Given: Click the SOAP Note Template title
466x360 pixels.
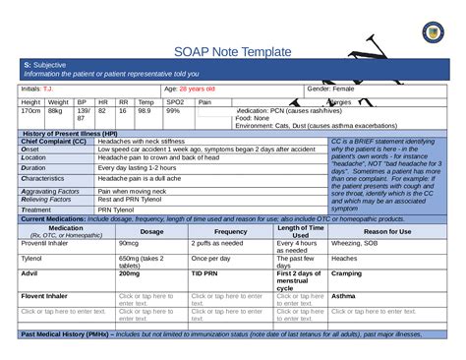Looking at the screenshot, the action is pyautogui.click(x=232, y=51).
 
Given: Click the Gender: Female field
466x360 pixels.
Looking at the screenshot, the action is pyautogui.click(x=330, y=89).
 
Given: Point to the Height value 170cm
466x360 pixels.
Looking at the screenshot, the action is pyautogui.click(x=30, y=111).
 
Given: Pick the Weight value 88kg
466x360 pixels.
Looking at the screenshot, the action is pyautogui.click(x=55, y=111).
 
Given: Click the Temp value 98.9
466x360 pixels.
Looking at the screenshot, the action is pyautogui.click(x=145, y=111).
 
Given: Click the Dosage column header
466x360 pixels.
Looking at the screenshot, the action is pyautogui.click(x=152, y=230).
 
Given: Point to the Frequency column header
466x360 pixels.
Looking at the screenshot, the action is pyautogui.click(x=231, y=230).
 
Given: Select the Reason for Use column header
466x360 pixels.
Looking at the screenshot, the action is pyautogui.click(x=386, y=230).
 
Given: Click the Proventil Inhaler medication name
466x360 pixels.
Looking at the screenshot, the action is pyautogui.click(x=44, y=242).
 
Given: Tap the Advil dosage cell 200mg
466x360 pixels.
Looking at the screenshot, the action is pyautogui.click(x=129, y=272).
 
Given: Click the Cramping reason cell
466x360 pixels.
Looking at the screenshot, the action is pyautogui.click(x=346, y=272).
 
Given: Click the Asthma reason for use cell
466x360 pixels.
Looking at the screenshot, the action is pyautogui.click(x=344, y=295).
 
